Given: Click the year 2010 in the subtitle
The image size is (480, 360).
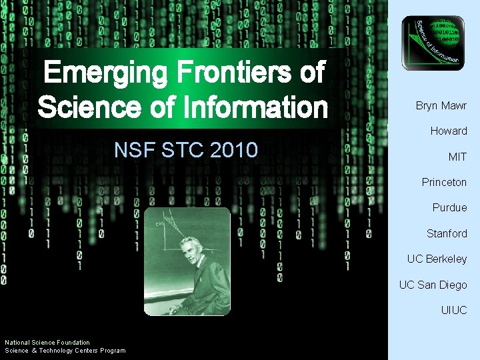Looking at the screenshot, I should point(233,150).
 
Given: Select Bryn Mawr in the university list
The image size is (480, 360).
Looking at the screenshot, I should point(441,106).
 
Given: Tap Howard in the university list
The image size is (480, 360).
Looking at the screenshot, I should point(448,131).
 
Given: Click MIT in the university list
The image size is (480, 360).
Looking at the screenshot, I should point(457,157).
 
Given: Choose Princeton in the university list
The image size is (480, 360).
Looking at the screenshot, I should point(444,182).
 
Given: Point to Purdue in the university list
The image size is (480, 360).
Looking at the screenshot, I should point(449,207).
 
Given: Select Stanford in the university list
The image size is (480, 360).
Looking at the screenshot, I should point(447,233).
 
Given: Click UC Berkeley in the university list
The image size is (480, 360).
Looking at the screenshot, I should point(437,259).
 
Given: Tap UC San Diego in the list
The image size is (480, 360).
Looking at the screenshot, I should point(433,285).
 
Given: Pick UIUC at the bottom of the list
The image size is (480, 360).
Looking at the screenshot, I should point(453,310).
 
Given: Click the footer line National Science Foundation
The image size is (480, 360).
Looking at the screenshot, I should point(47,343).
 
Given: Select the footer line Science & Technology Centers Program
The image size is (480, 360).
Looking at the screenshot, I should point(65,351).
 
